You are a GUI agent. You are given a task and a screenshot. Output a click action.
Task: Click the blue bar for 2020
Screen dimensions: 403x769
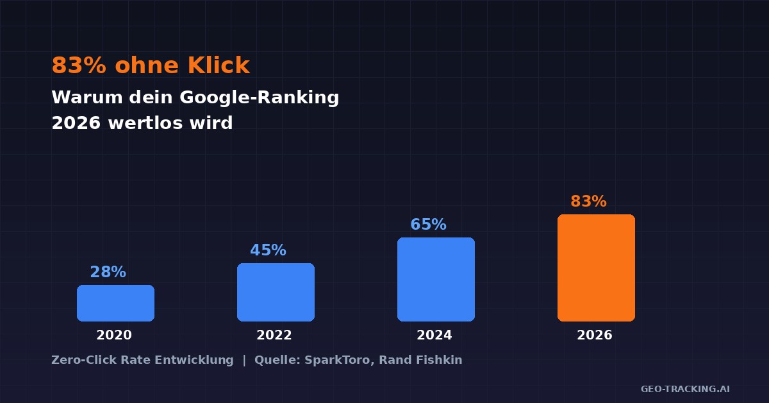pyautogui.click(x=115, y=303)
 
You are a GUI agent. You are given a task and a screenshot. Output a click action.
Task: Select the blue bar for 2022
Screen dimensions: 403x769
pyautogui.click(x=276, y=292)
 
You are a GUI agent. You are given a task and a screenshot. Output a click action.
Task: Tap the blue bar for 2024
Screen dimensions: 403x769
pyautogui.click(x=436, y=279)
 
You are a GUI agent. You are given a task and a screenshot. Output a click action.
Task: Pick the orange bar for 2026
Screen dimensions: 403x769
pyautogui.click(x=596, y=268)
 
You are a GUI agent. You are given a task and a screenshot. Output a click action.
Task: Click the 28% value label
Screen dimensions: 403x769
pyautogui.click(x=108, y=272)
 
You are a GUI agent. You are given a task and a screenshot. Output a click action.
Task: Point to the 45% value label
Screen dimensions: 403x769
pyautogui.click(x=268, y=250)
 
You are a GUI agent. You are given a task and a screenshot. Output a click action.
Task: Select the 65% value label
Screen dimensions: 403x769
pyautogui.click(x=428, y=225)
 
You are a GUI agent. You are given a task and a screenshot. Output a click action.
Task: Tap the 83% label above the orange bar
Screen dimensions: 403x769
pyautogui.click(x=588, y=201)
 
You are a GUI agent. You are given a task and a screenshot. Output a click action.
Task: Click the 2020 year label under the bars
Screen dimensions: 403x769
pyautogui.click(x=114, y=335)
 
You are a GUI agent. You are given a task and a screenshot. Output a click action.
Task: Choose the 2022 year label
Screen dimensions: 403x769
pyautogui.click(x=274, y=335)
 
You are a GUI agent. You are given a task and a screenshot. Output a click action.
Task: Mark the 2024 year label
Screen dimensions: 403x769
pyautogui.click(x=434, y=335)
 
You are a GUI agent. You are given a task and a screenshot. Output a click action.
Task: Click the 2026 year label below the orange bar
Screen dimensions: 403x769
pyautogui.click(x=595, y=335)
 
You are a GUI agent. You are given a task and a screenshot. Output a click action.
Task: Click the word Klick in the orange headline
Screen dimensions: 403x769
pyautogui.click(x=219, y=65)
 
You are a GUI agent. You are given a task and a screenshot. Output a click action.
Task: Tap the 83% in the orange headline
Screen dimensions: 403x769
pyautogui.click(x=79, y=65)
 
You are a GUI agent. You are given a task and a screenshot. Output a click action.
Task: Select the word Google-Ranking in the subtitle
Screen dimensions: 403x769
pyautogui.click(x=259, y=98)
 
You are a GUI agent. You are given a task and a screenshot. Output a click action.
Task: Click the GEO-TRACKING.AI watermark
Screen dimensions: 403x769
pyautogui.click(x=685, y=389)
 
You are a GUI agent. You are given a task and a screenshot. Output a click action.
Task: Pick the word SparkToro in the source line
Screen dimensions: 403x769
pyautogui.click(x=338, y=360)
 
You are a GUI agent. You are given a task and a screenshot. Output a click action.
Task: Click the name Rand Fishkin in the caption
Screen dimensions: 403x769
pyautogui.click(x=420, y=360)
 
